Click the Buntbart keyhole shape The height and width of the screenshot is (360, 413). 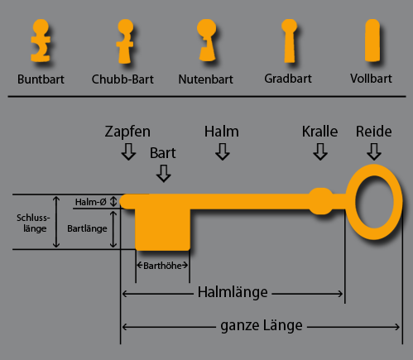tap(41, 41)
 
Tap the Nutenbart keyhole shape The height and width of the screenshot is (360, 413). tap(207, 41)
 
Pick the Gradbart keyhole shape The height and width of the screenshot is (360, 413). tap(289, 41)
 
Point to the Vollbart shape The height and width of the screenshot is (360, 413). tap(372, 41)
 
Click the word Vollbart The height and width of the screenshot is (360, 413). tap(371, 79)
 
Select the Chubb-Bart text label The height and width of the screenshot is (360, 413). tap(122, 79)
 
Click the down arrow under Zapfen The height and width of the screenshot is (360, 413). tap(128, 151)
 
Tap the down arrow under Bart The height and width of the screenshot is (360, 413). tap(164, 174)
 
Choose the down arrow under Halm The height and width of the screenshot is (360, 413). tap(223, 151)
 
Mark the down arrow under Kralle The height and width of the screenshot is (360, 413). tap(320, 151)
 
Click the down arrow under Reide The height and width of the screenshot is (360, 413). tap(374, 151)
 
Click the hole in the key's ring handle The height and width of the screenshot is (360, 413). tap(374, 202)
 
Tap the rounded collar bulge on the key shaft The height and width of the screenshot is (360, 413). tap(321, 201)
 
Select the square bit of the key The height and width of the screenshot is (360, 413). tap(162, 229)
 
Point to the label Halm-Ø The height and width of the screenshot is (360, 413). tap(90, 202)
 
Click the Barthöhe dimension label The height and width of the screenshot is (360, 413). tap(162, 266)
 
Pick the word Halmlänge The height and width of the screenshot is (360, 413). tap(233, 292)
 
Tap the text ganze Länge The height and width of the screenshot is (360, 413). tap(262, 326)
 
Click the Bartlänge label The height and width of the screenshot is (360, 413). tap(87, 228)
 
